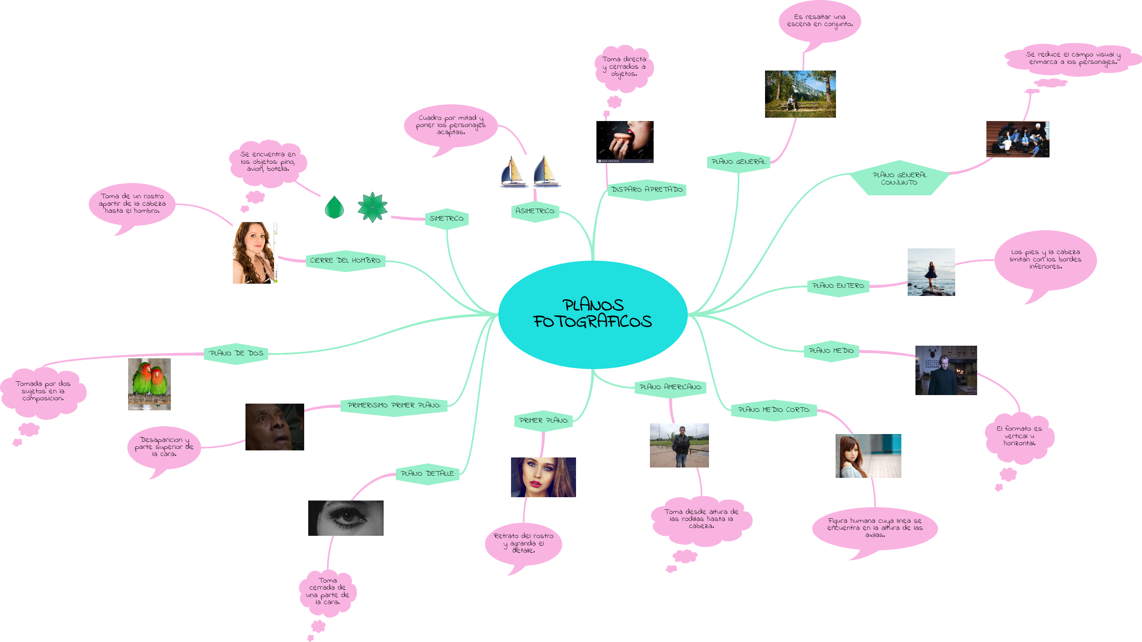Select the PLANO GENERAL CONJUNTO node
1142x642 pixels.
pos(899,178)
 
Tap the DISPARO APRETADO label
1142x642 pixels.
pos(647,190)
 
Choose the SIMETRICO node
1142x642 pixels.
pos(446,219)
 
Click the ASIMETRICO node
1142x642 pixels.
pos(535,211)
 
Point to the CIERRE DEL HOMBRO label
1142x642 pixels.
pos(345,261)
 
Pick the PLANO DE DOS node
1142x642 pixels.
pos(236,353)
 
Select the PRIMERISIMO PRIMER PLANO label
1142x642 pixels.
pos(394,405)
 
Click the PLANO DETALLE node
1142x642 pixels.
pos(427,473)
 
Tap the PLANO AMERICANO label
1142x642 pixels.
pos(670,387)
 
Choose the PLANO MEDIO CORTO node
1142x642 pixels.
pos(774,410)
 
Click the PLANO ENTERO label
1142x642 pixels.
pos(838,286)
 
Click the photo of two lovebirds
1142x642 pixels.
pos(149,384)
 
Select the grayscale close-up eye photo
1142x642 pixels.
pos(346,518)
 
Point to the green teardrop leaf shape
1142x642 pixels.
pos(335,208)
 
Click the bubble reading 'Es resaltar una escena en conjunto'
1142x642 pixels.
pos(820,21)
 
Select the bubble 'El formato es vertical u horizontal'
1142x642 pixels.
pos(1019,436)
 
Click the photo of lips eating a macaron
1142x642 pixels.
pos(625,141)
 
